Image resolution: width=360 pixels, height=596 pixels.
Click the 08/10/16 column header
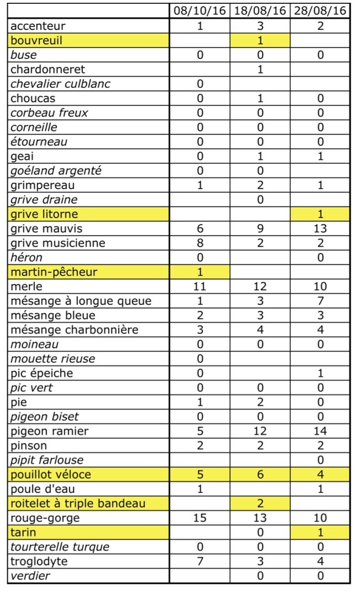pos(200,11)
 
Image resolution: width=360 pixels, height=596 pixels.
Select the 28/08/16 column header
pos(320,11)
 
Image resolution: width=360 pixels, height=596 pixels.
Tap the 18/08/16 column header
pos(260,11)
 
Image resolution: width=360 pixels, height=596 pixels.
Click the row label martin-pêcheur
pos(54,272)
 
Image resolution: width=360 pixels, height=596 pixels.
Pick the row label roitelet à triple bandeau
pos(77,504)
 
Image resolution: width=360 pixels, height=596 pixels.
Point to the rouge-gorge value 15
pos(200,518)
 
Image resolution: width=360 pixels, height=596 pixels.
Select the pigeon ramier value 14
pos(320,431)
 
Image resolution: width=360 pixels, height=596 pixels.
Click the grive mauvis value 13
pos(320,229)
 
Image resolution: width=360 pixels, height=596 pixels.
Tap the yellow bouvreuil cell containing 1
pos(260,40)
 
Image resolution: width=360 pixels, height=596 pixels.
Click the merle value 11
pos(200,287)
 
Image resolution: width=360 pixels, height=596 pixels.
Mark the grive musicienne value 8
pos(200,243)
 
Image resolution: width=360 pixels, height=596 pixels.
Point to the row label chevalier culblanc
pos(60,84)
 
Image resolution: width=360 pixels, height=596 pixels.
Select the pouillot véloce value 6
pos(260,474)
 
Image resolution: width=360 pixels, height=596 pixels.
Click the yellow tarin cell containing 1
pos(320,532)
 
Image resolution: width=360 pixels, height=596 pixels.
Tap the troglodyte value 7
pos(200,561)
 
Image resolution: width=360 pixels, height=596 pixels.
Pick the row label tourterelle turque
pos(60,547)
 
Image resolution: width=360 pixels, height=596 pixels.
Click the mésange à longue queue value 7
pos(320,301)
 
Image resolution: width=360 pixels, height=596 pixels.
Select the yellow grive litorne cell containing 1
pos(320,214)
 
